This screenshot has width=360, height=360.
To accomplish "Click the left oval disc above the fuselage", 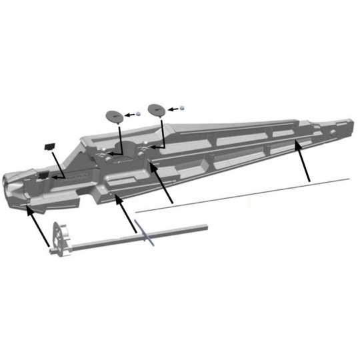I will [x=115, y=115].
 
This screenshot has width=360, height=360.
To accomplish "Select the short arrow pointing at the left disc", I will [x=130, y=115].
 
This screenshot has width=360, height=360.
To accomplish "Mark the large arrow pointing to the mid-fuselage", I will [x=163, y=183].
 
